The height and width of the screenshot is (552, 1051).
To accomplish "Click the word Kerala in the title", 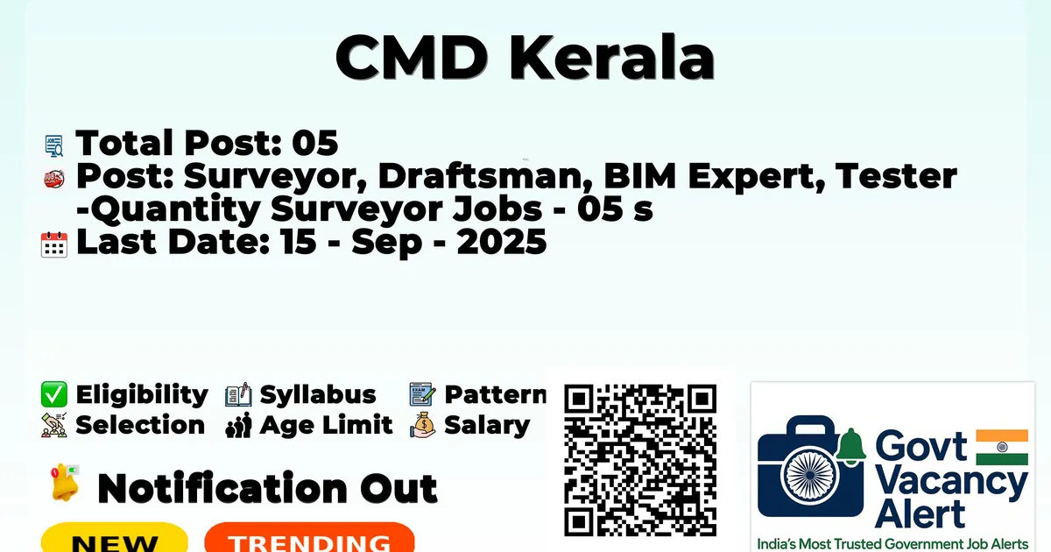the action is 612,57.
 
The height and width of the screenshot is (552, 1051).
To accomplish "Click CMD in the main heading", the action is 412,57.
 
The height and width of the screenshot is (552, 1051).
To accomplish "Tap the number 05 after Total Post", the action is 314,143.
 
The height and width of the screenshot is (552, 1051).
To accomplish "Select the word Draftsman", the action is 480,176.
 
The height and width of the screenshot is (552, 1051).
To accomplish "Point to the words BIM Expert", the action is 708,176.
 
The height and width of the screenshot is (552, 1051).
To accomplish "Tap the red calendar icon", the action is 54,244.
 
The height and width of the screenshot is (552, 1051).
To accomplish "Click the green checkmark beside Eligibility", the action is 54,394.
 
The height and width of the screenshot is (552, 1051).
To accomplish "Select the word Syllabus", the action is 318,395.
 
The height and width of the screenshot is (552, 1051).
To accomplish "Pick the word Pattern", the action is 496,394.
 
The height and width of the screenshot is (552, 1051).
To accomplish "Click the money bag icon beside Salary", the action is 423,425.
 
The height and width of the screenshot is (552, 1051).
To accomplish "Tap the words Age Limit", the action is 326,425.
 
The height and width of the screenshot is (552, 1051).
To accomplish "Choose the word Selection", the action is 140,425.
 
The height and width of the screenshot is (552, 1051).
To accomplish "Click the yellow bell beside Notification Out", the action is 65,483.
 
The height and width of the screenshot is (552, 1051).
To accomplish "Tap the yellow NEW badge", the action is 115,537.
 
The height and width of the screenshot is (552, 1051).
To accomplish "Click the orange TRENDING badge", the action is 310,537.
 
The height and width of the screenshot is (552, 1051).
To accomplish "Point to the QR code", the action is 640,460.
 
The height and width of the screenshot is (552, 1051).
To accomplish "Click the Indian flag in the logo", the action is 1002,447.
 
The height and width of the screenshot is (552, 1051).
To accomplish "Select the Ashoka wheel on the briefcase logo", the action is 810,475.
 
